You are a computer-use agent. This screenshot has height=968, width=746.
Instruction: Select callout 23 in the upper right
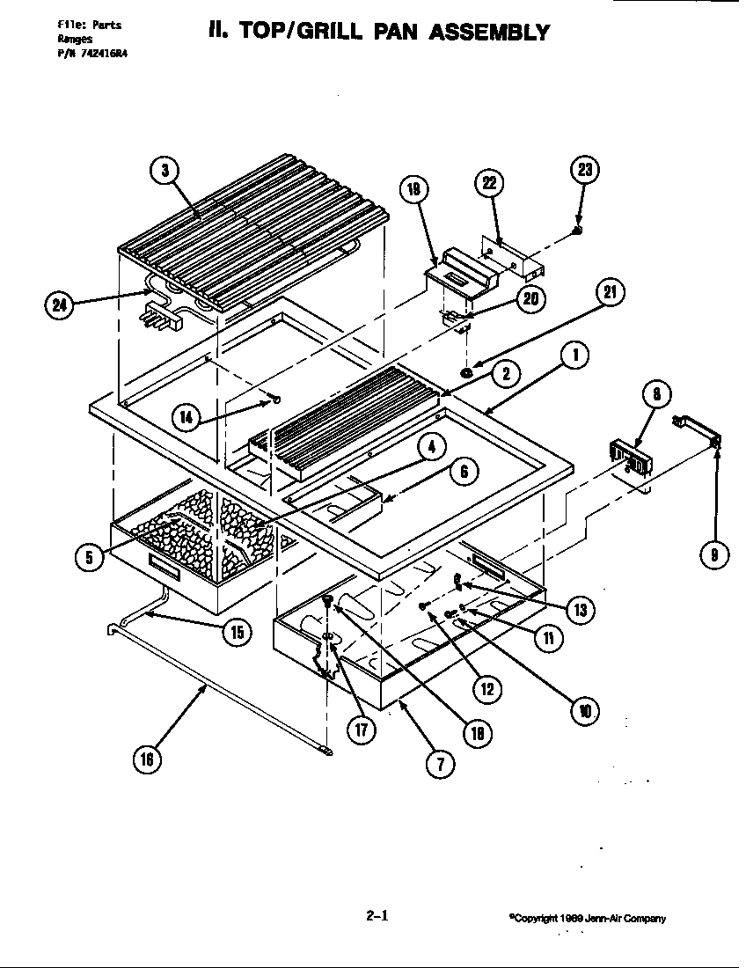(584, 171)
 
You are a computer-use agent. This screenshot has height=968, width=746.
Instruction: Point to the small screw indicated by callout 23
(576, 230)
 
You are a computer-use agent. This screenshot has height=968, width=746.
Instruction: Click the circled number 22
(490, 184)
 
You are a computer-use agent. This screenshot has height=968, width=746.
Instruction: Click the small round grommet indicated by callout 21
(466, 373)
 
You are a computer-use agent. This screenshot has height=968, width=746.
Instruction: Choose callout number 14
(186, 417)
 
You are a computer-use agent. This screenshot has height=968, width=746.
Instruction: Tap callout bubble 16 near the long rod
(147, 760)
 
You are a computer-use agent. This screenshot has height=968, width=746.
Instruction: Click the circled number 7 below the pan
(440, 764)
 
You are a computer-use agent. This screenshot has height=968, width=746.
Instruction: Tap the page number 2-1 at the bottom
(377, 915)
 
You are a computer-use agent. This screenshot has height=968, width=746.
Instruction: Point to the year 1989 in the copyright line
(570, 919)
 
